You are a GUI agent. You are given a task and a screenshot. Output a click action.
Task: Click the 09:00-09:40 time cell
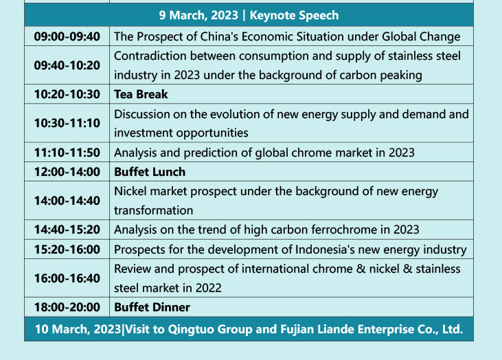(67, 36)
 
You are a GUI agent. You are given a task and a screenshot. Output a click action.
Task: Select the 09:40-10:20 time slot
(67, 65)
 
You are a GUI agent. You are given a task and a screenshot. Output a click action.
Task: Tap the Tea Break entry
(141, 94)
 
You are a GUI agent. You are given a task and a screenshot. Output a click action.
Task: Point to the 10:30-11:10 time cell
(67, 123)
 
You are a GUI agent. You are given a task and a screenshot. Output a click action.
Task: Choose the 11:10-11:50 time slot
(67, 153)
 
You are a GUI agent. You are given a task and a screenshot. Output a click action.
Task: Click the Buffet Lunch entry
(150, 172)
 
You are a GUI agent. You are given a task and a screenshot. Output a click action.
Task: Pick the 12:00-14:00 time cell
(67, 172)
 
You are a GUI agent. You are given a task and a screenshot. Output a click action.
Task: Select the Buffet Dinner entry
(152, 308)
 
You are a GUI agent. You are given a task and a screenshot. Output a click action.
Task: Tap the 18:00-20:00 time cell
(67, 308)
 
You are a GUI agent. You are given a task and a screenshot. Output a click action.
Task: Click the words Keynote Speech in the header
(294, 15)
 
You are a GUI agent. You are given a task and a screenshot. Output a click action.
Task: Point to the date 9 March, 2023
(198, 15)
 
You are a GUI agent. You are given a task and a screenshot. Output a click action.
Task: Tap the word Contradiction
(150, 56)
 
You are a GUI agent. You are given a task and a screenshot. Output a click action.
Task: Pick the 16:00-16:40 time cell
(67, 278)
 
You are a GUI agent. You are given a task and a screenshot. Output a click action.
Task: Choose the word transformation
(154, 210)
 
